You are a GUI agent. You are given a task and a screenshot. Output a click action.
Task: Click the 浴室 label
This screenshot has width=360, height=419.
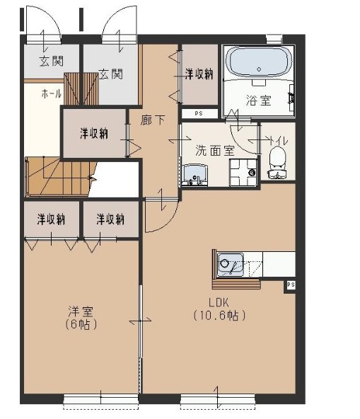pos(258,101)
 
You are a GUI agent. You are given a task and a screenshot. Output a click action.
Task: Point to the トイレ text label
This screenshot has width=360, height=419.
pos(279,140)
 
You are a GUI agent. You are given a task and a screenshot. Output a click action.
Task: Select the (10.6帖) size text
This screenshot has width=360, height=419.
pos(219,315)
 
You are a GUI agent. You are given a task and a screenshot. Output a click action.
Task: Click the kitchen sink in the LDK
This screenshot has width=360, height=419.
pos(228,265)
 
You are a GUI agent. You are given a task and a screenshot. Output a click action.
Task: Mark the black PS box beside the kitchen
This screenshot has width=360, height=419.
pos(290,285)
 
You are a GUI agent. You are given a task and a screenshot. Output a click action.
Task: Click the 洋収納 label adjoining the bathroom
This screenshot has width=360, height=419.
pos(199,74)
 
